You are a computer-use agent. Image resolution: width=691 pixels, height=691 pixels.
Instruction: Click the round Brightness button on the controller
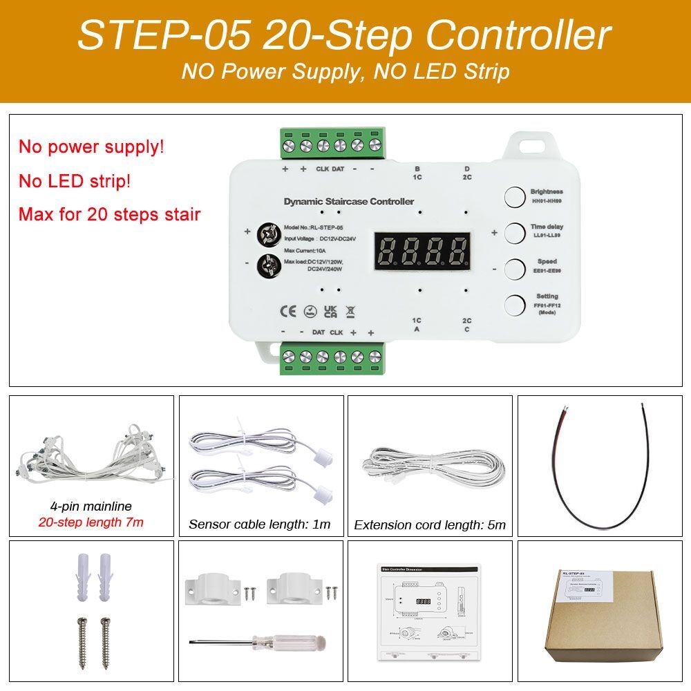tap(514, 197)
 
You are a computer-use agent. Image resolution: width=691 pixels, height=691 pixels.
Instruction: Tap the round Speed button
tap(514, 268)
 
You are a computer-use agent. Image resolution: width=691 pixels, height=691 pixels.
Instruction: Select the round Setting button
tap(514, 305)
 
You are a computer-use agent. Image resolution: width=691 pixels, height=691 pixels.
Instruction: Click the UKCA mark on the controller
tap(330, 311)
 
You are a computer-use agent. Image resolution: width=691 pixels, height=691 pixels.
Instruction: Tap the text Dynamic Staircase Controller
tap(349, 201)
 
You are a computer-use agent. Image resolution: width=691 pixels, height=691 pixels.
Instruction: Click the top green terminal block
tap(332, 145)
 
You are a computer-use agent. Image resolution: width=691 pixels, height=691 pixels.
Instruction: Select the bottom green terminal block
tap(332, 357)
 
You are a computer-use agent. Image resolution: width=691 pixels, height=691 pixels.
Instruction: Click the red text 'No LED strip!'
tap(74, 182)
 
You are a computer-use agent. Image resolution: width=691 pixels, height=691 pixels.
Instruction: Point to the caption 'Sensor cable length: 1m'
tap(259, 524)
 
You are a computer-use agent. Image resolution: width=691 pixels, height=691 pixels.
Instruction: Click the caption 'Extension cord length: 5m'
tap(429, 524)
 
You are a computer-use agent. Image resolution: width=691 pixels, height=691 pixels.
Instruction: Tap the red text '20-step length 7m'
tap(91, 522)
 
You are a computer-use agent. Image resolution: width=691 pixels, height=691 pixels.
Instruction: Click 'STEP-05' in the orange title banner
tap(163, 35)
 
